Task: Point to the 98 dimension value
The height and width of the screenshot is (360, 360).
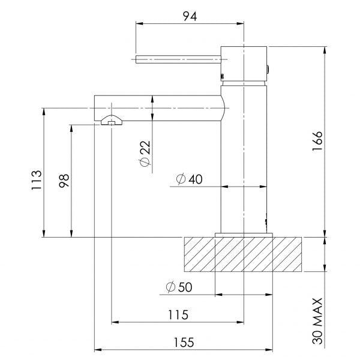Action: (x=64, y=181)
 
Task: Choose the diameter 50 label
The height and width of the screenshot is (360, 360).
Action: (x=177, y=287)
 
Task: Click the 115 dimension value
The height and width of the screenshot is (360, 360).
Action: (x=177, y=314)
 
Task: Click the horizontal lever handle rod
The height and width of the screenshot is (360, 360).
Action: (x=179, y=59)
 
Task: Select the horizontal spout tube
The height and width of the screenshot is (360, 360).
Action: (x=159, y=108)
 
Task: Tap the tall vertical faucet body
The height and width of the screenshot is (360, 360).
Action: (x=244, y=156)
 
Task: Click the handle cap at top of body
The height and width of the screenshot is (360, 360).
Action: (x=243, y=62)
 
